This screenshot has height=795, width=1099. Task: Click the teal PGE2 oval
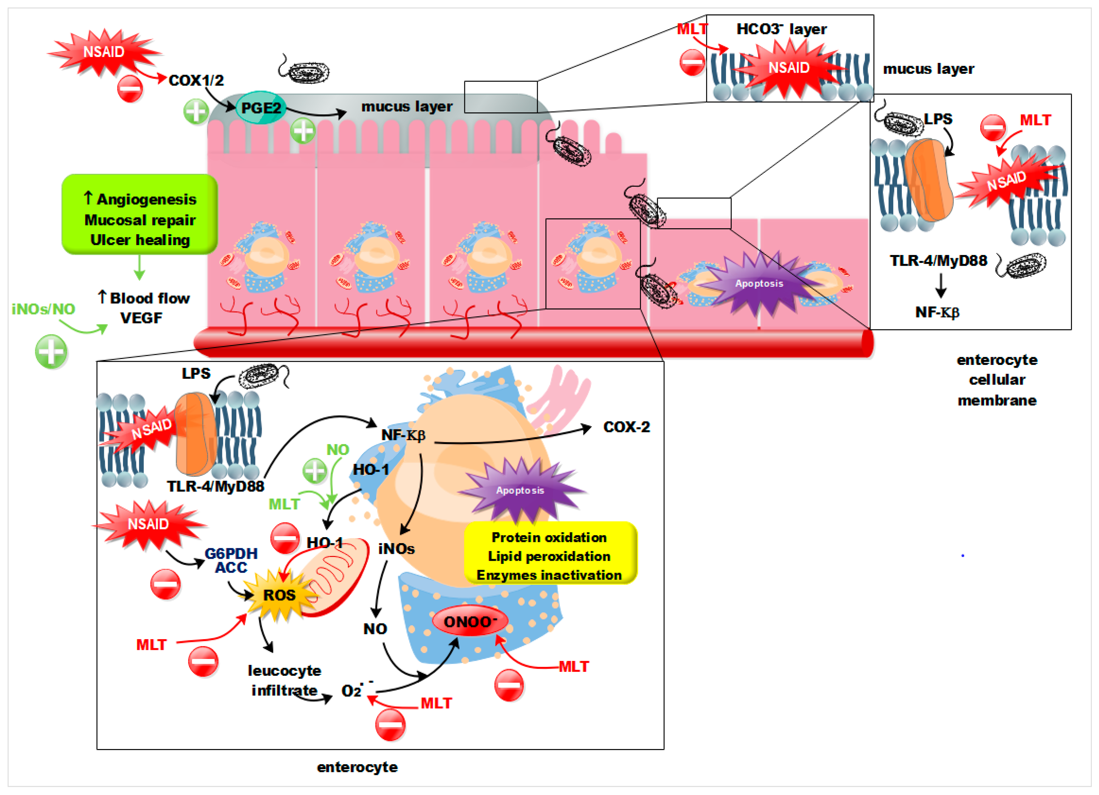pos(261,108)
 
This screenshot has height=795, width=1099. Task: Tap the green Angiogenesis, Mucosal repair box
pos(140,214)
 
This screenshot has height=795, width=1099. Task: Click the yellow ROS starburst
pos(279,595)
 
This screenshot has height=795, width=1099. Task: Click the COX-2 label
pos(626,427)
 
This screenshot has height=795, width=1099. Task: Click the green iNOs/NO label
pos(43,309)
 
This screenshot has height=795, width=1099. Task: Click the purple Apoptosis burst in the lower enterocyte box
pos(520,490)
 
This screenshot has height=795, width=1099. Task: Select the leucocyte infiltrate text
pos(284,680)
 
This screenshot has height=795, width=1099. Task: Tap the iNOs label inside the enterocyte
pos(396,548)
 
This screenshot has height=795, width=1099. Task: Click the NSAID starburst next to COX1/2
pos(104,52)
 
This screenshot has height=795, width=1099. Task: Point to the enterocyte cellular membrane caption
pos(996,380)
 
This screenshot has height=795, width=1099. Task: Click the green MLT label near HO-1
pos(284,504)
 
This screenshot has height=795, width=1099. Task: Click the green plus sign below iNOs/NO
pos(51,351)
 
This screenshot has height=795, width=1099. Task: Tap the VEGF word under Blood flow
pos(141,318)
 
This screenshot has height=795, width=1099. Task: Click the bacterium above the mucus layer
pos(305,72)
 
